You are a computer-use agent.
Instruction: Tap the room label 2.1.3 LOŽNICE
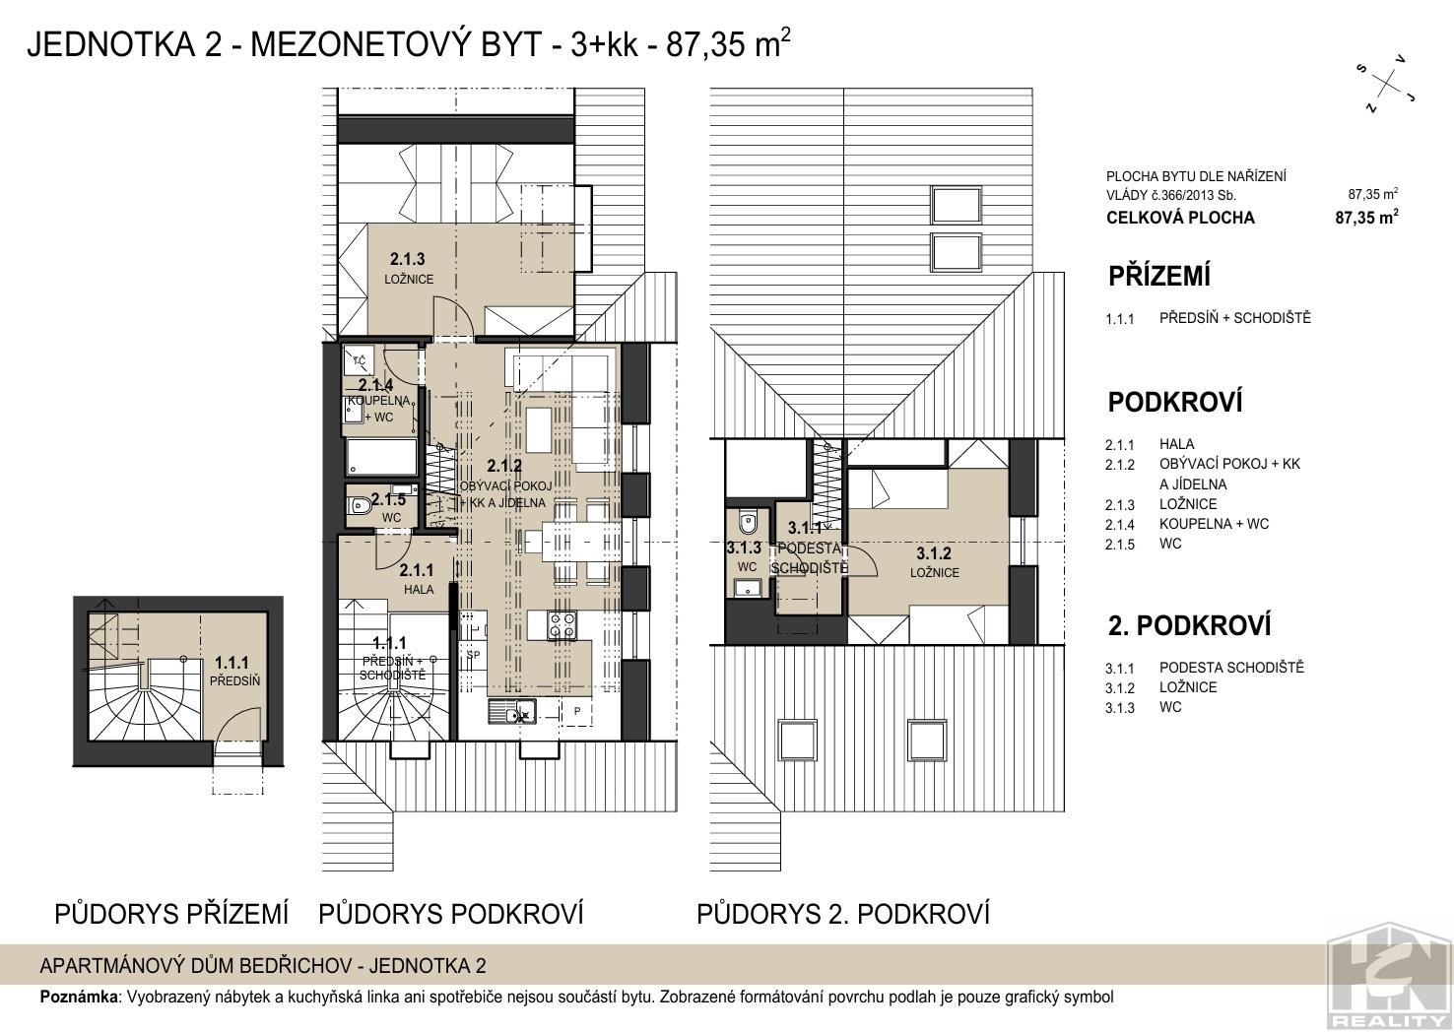pos(408,269)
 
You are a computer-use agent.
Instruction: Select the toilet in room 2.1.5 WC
pos(359,504)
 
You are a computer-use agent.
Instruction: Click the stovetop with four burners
pos(562,624)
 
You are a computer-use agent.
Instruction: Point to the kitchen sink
pos(511,711)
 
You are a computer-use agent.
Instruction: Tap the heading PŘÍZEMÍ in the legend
pos(1159,276)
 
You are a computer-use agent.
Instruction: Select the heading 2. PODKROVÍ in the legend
pos(1189,625)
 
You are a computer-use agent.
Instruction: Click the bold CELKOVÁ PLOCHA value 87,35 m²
pos(1366,217)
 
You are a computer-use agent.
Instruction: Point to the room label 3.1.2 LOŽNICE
pos(934,562)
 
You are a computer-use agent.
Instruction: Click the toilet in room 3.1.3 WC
pos(748,522)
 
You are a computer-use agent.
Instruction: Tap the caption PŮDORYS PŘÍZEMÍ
pos(171,914)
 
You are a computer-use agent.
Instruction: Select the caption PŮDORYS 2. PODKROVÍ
pos(843,914)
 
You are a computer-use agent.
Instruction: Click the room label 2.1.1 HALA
pos(417,580)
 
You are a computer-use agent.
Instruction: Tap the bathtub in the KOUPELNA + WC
pos(381,457)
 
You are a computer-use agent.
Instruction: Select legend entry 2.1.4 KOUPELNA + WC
pos(1187,525)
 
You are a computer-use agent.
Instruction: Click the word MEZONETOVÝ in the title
pos(395,44)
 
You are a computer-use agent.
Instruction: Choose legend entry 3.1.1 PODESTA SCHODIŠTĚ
pos(1205,668)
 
